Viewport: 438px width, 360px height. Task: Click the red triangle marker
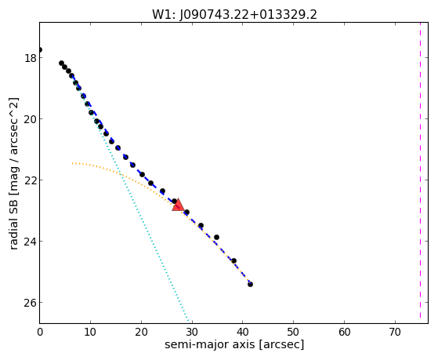click(178, 205)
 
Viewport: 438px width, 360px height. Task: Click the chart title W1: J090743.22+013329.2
click(234, 15)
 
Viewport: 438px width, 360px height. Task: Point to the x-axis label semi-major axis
click(210, 344)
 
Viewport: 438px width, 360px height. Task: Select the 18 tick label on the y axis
click(30, 58)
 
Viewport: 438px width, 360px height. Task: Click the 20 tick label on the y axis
click(30, 119)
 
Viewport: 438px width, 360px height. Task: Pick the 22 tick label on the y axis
click(30, 180)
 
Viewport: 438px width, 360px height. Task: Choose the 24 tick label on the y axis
click(30, 242)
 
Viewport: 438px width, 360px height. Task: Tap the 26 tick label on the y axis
click(30, 303)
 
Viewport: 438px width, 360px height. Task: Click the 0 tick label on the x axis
click(40, 333)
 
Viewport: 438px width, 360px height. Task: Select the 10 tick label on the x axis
click(90, 333)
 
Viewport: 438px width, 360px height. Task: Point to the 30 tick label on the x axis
click(192, 333)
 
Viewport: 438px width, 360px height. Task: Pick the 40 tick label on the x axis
click(243, 333)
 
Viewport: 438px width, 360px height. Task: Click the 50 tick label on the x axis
click(294, 333)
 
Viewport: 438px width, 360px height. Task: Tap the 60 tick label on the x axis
click(345, 333)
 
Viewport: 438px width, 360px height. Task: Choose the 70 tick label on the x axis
click(395, 333)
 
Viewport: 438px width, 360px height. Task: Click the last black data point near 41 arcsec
click(250, 285)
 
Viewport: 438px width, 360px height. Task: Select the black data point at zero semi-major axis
click(40, 49)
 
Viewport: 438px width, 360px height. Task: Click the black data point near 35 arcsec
click(216, 237)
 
